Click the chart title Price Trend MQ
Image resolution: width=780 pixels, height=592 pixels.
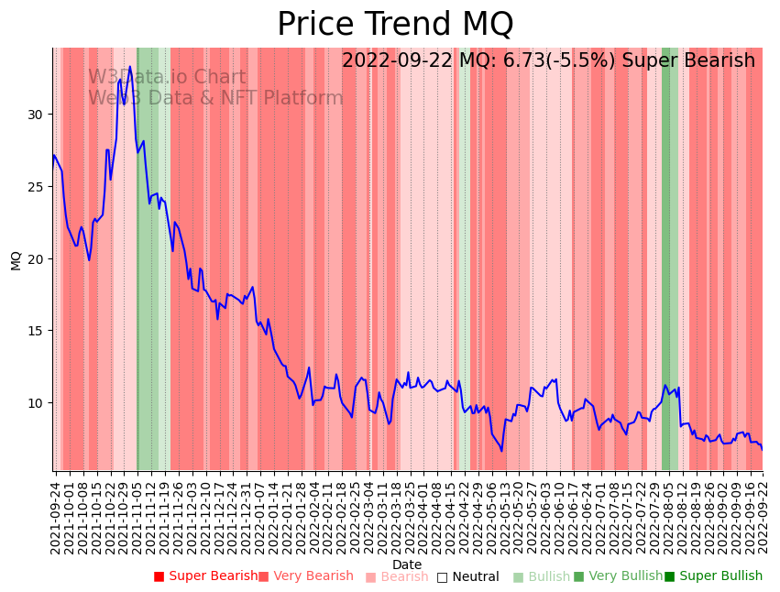point(395,25)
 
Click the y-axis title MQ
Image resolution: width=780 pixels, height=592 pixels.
point(16,259)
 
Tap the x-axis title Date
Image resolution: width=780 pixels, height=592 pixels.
point(407,565)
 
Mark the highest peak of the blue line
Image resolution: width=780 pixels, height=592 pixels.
point(130,66)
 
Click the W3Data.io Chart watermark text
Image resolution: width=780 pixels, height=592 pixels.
point(167,78)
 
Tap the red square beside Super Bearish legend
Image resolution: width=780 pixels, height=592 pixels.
point(159,576)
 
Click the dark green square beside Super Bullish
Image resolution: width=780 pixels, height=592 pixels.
point(670,576)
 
